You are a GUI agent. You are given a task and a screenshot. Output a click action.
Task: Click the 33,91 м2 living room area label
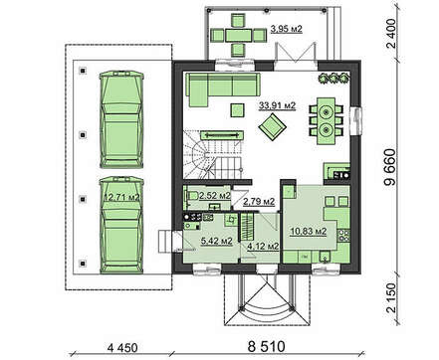(x=277, y=105)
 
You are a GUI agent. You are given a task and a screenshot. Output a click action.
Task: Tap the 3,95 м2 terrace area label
(x=287, y=29)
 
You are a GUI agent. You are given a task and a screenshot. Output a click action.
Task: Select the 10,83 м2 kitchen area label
(x=309, y=231)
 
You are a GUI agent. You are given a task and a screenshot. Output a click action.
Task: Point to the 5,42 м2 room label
(x=216, y=241)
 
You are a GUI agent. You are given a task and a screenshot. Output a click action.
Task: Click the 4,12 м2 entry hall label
(x=263, y=247)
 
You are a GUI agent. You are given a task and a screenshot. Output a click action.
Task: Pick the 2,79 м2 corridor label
(x=259, y=201)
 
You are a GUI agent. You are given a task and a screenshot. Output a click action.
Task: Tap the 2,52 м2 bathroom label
(x=215, y=196)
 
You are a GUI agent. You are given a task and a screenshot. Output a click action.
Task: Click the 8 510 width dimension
(x=266, y=347)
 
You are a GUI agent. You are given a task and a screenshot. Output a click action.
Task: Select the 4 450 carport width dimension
(x=122, y=348)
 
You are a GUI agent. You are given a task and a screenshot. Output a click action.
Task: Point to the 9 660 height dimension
(x=390, y=167)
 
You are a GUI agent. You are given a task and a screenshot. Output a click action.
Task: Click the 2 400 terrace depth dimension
(x=391, y=34)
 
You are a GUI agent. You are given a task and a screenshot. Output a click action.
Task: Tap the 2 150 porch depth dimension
(x=391, y=297)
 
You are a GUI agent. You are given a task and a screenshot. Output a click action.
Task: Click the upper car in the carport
(x=121, y=119)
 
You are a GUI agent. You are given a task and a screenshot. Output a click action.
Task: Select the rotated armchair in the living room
(x=273, y=126)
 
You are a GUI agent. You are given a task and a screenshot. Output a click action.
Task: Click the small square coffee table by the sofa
(x=238, y=110)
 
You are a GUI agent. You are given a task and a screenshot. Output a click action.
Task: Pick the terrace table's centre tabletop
(x=238, y=35)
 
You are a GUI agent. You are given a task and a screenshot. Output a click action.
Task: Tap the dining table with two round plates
(x=327, y=120)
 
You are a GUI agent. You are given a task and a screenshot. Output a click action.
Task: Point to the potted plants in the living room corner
(x=333, y=78)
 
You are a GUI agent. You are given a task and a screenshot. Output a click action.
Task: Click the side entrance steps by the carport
(x=165, y=242)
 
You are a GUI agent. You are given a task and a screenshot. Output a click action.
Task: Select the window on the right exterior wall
(x=356, y=120)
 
